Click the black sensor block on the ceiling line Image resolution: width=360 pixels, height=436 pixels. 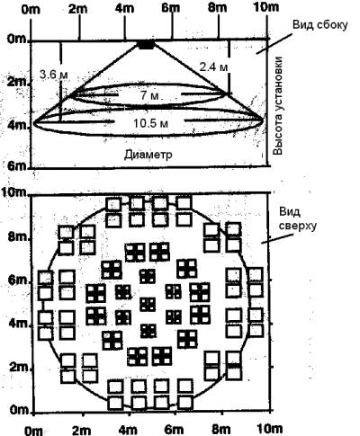[x=147, y=45]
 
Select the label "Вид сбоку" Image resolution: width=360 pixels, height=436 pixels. [x=320, y=24]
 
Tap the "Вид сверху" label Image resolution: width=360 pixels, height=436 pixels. [x=298, y=218]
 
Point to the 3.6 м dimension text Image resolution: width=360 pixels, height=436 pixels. [x=54, y=74]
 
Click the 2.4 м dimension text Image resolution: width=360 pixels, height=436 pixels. [x=213, y=67]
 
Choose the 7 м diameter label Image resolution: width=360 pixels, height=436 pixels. [x=149, y=96]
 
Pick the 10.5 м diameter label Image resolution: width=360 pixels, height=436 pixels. [x=150, y=123]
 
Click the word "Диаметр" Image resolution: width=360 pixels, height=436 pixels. [x=148, y=155]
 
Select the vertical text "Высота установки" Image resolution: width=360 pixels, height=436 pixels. [x=278, y=105]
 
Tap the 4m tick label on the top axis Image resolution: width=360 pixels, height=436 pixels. [x=125, y=8]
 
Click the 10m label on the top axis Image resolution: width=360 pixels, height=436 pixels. [x=265, y=7]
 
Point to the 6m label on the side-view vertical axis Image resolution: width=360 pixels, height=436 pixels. [x=17, y=166]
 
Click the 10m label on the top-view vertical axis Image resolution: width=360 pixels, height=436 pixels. [x=14, y=191]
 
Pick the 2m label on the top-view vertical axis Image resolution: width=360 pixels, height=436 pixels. [x=19, y=367]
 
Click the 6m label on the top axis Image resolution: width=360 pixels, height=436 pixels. [x=171, y=8]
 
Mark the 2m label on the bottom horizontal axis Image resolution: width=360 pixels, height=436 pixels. [x=80, y=430]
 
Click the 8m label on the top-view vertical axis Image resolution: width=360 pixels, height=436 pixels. [x=19, y=237]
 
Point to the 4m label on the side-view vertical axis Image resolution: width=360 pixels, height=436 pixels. [x=17, y=126]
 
